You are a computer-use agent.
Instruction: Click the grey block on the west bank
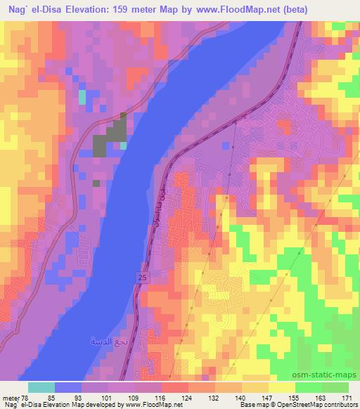pyautogui.click(x=109, y=137)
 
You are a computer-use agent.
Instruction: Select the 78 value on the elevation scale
pyautogui.click(x=26, y=397)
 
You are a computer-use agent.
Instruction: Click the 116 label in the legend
pyautogui.click(x=161, y=397)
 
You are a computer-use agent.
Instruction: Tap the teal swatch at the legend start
pyautogui.click(x=41, y=387)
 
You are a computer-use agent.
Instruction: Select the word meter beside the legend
pyautogui.click(x=10, y=397)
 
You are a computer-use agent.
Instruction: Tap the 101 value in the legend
pyautogui.click(x=108, y=397)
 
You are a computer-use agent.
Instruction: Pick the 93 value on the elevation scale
pyautogui.click(x=82, y=397)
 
